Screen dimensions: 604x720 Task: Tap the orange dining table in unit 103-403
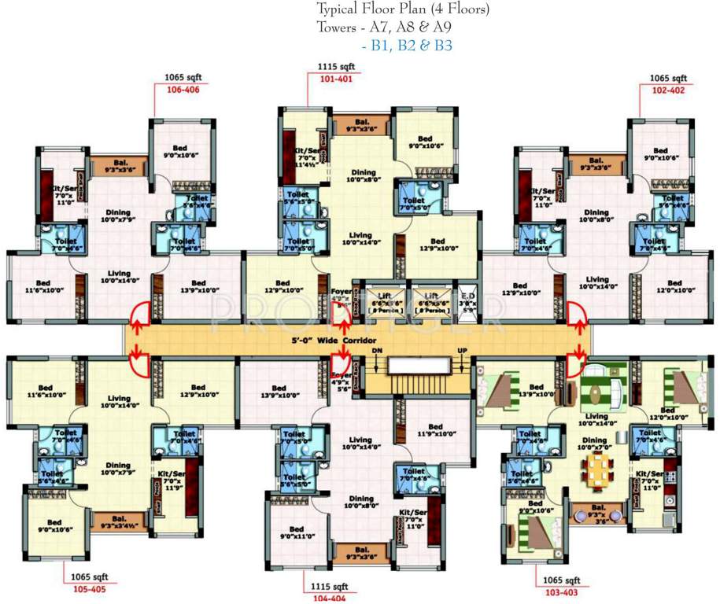coord(596,470)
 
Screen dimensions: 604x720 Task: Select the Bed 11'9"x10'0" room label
coord(426,429)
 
